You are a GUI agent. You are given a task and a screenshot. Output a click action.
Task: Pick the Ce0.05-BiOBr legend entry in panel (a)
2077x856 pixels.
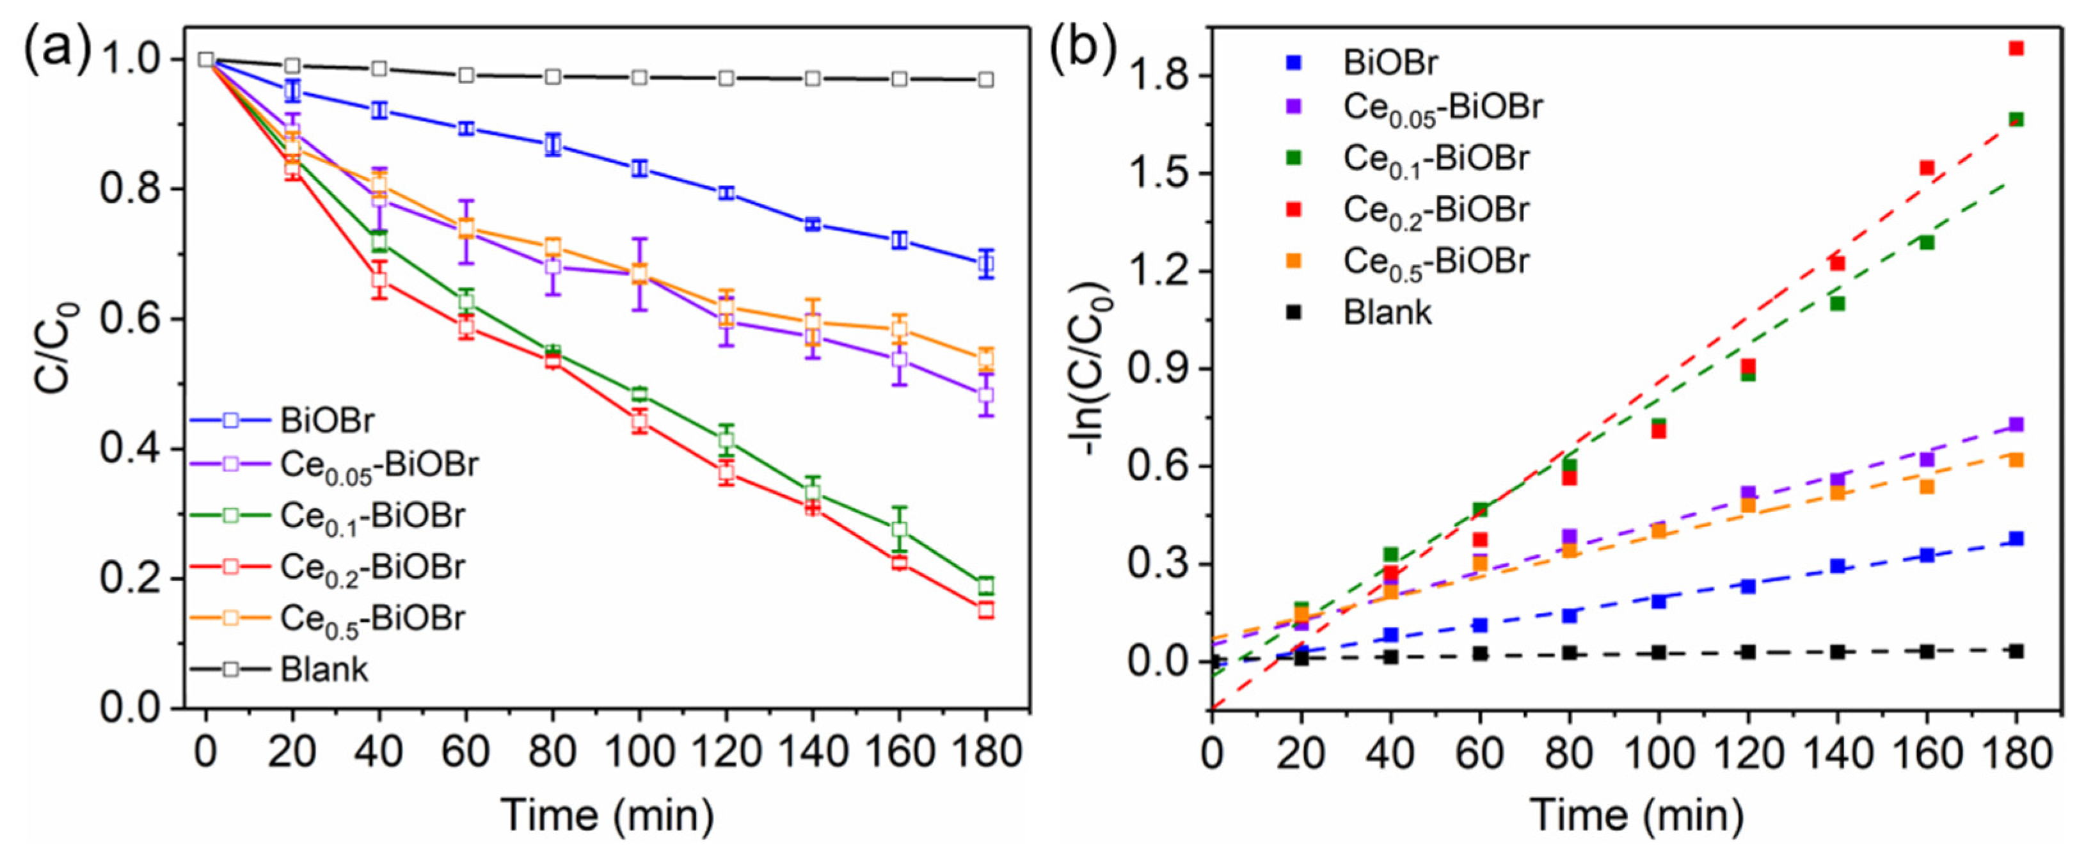(379, 466)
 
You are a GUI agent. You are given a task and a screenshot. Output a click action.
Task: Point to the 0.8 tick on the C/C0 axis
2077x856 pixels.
(132, 189)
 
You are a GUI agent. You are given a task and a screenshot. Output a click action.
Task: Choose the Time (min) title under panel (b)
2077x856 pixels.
(1637, 815)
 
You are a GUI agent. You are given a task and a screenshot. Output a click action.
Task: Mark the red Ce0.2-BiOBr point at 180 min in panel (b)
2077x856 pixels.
(2016, 49)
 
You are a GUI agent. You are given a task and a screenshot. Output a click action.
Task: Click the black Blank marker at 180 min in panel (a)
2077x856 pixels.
(985, 79)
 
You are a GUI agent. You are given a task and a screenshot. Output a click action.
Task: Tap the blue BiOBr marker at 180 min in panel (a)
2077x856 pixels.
(985, 264)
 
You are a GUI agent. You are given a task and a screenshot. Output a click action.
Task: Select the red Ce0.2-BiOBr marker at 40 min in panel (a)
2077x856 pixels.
(379, 280)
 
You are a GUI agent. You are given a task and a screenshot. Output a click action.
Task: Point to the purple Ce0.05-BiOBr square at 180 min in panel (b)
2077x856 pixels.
(2016, 425)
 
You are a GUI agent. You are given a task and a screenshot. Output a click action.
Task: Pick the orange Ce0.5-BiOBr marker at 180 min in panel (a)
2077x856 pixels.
(985, 358)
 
